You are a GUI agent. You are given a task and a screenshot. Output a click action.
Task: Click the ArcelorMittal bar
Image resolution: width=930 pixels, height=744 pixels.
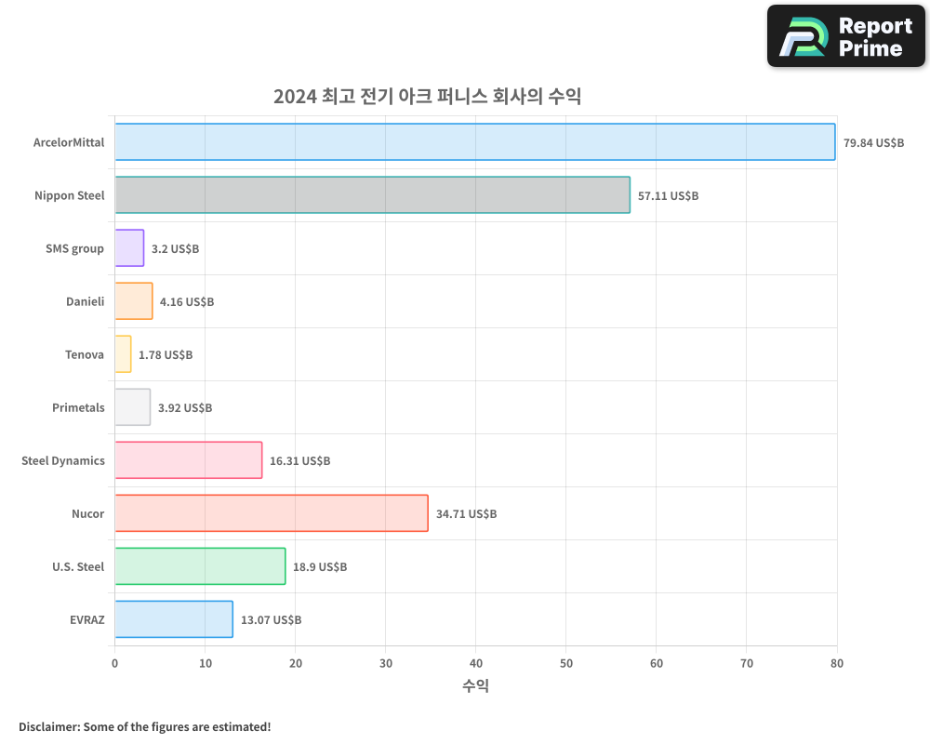tap(474, 142)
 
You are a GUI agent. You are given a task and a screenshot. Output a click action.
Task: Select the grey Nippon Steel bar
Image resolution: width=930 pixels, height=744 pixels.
tap(372, 195)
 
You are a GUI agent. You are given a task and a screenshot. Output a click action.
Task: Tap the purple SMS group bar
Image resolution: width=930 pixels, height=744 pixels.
tap(129, 248)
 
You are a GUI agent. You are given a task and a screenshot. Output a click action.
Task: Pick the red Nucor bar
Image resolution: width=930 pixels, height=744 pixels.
tap(271, 513)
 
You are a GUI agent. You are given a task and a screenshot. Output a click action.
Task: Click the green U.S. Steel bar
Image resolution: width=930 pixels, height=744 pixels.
tap(200, 566)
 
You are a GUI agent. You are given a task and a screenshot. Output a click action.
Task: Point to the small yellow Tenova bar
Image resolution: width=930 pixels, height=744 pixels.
tap(123, 354)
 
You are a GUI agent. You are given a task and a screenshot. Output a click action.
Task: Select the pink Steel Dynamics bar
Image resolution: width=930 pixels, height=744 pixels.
tap(188, 460)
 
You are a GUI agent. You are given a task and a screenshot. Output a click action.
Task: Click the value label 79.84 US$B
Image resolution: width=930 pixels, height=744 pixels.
tap(873, 143)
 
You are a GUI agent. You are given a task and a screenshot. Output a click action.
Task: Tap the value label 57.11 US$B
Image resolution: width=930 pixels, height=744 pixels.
tap(668, 196)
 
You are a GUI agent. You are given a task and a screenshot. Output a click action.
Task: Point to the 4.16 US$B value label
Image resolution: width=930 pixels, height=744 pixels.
tap(187, 302)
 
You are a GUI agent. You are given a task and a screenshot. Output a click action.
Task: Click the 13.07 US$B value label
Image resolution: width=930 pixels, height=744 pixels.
tap(271, 620)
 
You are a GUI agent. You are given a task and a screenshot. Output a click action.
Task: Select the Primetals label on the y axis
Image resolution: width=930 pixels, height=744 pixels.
tap(78, 407)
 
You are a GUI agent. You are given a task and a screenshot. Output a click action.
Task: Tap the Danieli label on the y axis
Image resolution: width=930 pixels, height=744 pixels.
tap(85, 301)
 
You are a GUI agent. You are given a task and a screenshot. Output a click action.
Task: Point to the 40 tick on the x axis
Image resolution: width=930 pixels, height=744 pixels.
tap(475, 663)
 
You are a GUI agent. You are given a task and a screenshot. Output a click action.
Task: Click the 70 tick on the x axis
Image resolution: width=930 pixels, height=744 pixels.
tap(746, 663)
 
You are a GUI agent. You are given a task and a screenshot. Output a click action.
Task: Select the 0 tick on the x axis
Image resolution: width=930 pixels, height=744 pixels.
tap(114, 663)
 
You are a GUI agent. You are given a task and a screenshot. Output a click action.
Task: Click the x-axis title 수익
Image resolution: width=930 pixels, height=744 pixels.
tap(475, 686)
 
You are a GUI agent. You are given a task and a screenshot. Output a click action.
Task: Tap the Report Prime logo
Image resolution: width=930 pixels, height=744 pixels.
tap(845, 36)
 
